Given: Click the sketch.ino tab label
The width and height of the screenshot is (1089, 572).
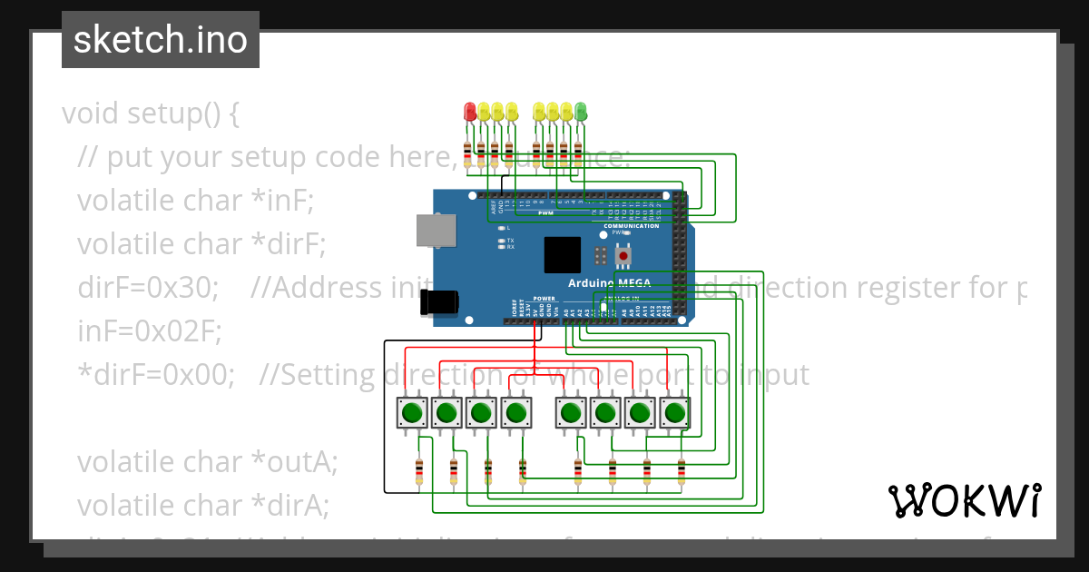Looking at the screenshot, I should [x=160, y=40].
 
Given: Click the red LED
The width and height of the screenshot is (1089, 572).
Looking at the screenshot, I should [x=469, y=112].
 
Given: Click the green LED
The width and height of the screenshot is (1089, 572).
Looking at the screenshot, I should [x=581, y=112].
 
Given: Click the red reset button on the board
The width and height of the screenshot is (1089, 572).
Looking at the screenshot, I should [x=623, y=257].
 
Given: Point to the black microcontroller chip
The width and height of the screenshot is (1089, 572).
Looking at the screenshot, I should [x=562, y=255].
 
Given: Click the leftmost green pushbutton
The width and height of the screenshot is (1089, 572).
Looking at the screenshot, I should [x=412, y=413].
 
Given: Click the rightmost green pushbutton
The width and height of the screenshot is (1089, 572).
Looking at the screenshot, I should [x=673, y=413].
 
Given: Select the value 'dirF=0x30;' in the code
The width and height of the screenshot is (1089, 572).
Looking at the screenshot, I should [x=148, y=288].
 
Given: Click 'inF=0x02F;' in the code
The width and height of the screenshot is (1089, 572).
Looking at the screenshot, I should [x=150, y=331].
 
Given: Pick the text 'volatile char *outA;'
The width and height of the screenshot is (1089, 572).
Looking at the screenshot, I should [x=207, y=462].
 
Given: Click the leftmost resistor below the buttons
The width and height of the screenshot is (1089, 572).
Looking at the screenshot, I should [x=418, y=471].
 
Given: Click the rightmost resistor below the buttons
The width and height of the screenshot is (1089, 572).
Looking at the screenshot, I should [x=682, y=471].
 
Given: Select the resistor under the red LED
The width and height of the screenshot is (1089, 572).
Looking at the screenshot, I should [x=467, y=153].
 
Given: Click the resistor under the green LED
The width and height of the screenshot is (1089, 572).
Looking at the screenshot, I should [x=577, y=153].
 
